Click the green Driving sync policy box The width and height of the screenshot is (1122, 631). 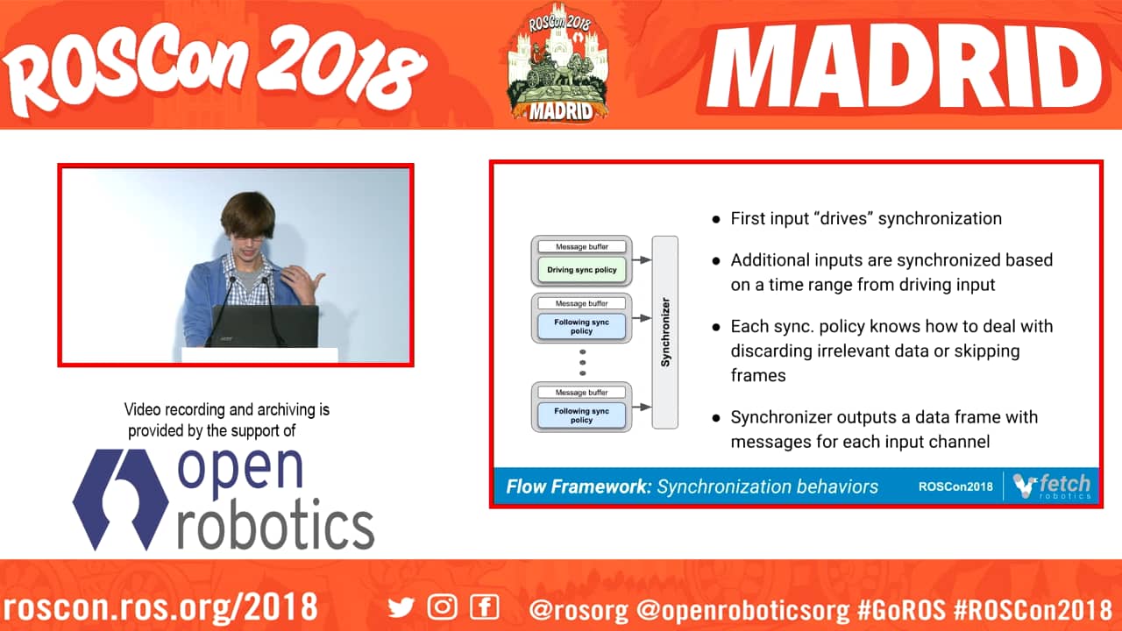[581, 269]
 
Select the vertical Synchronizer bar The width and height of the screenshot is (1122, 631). [665, 332]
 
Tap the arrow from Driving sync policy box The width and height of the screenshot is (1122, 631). [642, 260]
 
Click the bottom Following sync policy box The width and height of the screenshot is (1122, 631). [581, 415]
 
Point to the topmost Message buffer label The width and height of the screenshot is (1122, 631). [581, 246]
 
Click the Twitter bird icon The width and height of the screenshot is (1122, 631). [401, 607]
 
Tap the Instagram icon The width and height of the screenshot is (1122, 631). [443, 607]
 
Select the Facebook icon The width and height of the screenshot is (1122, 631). [485, 607]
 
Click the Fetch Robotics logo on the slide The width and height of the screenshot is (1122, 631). [1051, 486]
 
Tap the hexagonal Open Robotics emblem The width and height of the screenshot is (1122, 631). [120, 500]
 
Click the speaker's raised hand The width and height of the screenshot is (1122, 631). [303, 283]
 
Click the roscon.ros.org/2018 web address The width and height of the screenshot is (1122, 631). [160, 607]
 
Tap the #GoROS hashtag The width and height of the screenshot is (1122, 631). [900, 609]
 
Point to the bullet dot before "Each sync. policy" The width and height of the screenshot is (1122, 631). [716, 328]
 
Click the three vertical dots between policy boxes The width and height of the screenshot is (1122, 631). [582, 363]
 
